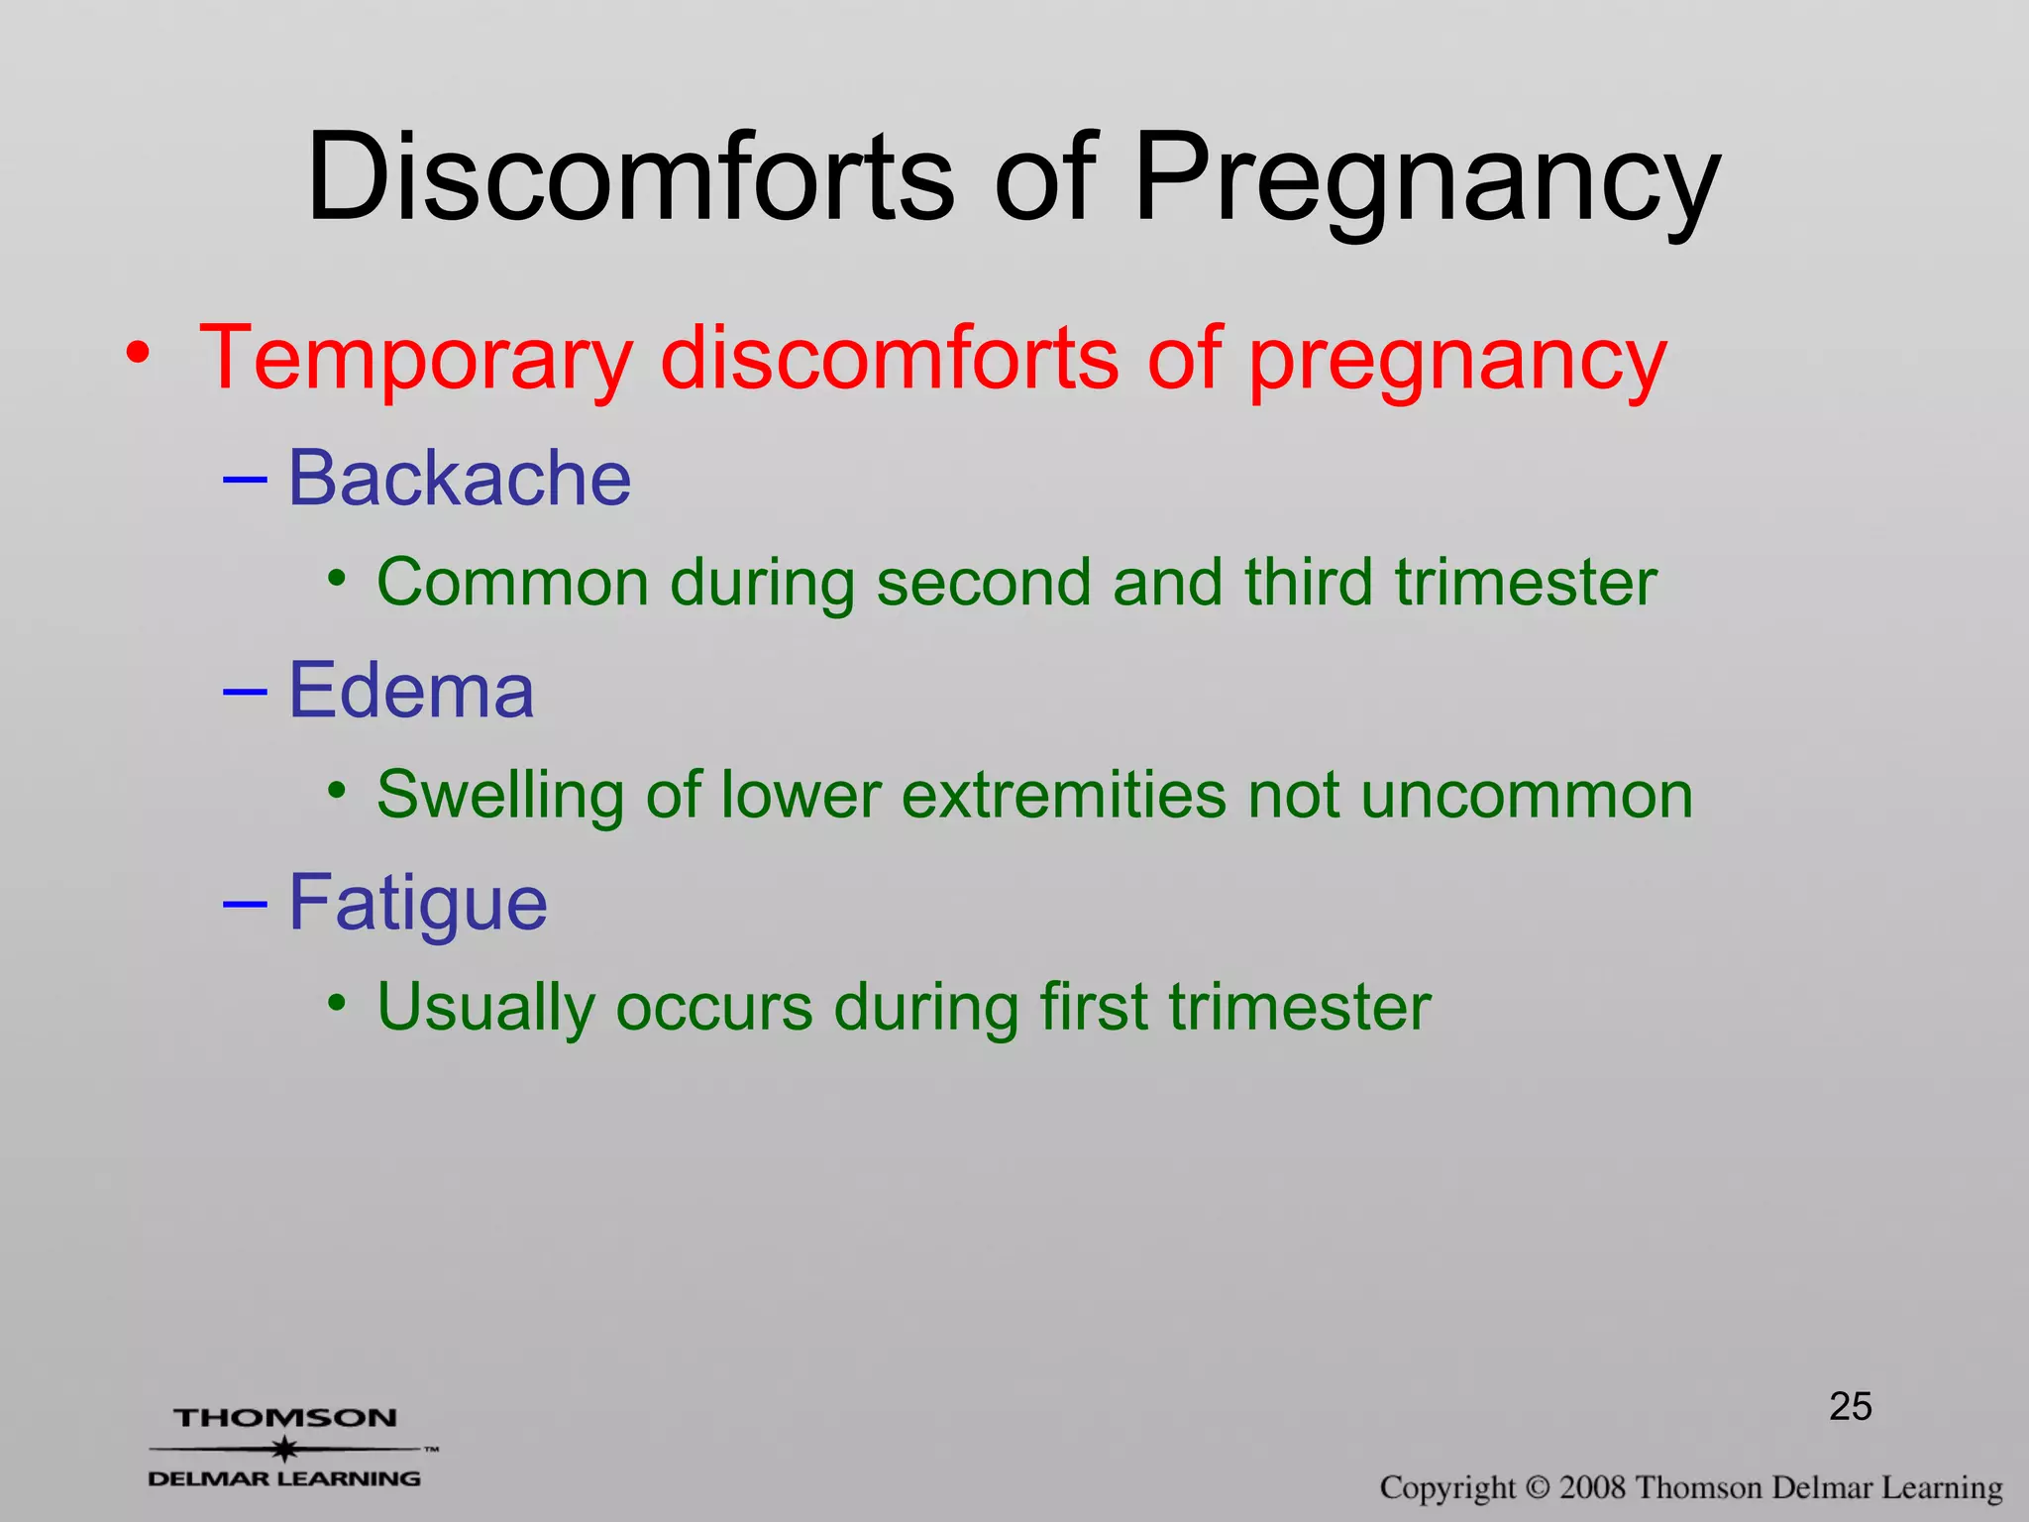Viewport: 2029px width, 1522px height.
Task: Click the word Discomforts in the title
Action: point(630,178)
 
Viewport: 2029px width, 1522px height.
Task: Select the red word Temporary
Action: point(416,359)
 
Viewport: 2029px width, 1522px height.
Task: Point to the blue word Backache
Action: point(459,479)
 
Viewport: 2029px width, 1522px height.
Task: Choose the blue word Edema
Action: point(410,691)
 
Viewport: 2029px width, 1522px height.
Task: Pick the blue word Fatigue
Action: point(417,905)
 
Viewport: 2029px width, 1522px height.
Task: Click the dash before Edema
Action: point(245,691)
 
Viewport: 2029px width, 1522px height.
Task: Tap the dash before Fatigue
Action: point(245,904)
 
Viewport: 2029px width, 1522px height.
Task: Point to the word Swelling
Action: point(499,796)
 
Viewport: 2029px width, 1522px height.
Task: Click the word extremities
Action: point(1063,795)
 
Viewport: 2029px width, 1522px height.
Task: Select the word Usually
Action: point(485,1009)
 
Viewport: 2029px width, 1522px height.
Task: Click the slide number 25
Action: point(1850,1406)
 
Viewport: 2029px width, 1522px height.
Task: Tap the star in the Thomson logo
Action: point(285,1449)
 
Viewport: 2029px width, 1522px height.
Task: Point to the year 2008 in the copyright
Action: point(1592,1487)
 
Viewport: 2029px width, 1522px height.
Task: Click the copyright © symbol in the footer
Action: point(1537,1487)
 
